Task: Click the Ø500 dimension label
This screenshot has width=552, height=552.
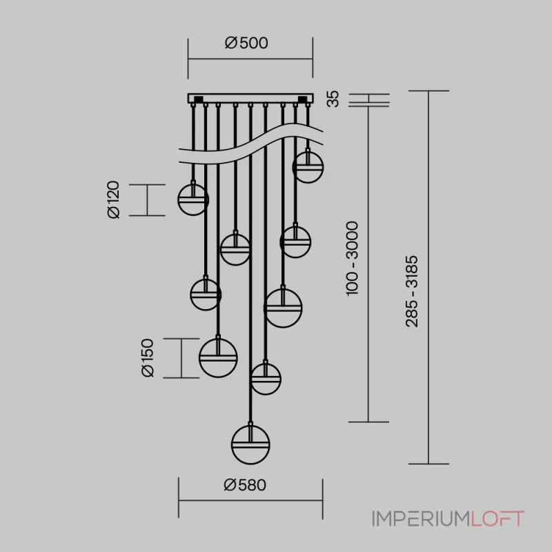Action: [246, 43]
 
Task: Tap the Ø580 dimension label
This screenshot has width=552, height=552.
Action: [245, 485]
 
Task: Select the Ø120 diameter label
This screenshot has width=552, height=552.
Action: [114, 199]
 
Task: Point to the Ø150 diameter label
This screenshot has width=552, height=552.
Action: [148, 357]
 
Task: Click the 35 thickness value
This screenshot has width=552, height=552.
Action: [333, 99]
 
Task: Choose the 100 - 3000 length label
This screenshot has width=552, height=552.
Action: [352, 259]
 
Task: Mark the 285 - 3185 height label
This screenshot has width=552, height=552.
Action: [411, 291]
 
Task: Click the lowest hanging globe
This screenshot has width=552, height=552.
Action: [250, 445]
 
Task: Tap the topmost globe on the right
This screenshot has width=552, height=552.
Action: [308, 167]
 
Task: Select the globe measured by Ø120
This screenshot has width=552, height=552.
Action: [193, 199]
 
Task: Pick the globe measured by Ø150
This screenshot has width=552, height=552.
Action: [218, 358]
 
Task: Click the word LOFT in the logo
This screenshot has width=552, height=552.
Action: [497, 519]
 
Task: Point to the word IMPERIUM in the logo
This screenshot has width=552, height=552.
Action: [422, 519]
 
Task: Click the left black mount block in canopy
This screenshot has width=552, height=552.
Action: [197, 99]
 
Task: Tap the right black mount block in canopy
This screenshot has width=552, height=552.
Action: [303, 99]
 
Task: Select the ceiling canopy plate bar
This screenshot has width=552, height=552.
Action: [250, 98]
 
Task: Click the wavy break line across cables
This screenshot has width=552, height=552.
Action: [250, 143]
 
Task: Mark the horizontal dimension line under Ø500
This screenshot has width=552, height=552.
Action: [250, 59]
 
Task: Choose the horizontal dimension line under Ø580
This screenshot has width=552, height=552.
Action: [250, 500]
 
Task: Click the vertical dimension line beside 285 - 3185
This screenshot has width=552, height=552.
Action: [428, 277]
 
